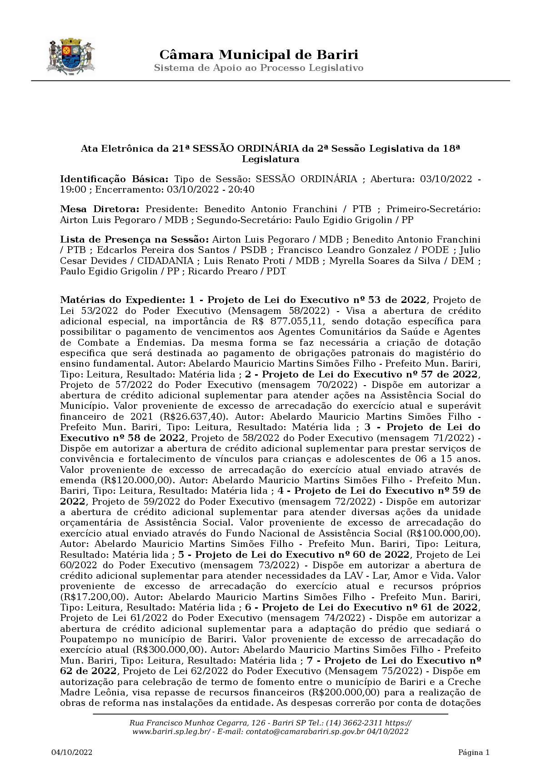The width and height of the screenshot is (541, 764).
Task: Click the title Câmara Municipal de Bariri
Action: coord(259,55)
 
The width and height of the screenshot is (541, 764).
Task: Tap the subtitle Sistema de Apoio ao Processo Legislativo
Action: coord(259,68)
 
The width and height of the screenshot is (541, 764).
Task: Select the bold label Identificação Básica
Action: coord(114,179)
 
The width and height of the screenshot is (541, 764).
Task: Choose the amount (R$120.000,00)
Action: coord(136,480)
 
